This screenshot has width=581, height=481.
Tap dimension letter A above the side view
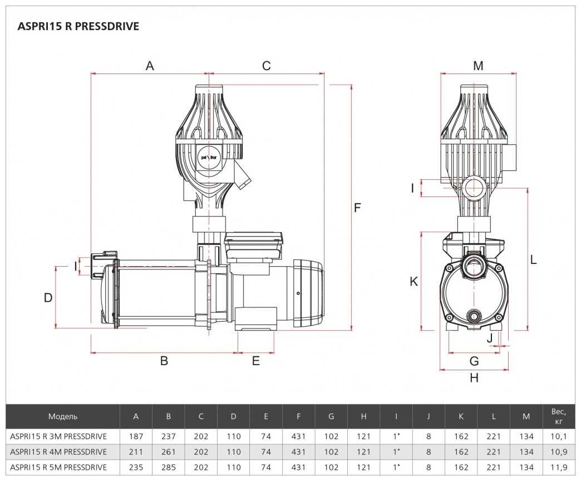pos(150,66)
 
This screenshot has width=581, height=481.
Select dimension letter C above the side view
pos(266,66)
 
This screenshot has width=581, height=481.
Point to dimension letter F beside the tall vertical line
pos(358,208)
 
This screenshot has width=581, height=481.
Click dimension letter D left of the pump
pos(48,297)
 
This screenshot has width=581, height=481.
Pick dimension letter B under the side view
pos(164,361)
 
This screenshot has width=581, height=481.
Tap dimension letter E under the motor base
pos(256,361)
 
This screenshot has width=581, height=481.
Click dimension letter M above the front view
pos(478,66)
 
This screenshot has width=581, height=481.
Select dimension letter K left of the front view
pos(413,282)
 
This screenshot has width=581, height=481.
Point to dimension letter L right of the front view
pos(533,259)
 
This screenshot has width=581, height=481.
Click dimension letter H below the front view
pos(474,377)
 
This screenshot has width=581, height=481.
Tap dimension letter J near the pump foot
pos(490,337)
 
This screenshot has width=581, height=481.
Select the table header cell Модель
pos(63,416)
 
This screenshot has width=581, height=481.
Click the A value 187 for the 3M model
pos(136,436)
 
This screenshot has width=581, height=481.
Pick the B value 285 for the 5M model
pos(169,467)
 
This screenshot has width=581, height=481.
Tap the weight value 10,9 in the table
pos(559,451)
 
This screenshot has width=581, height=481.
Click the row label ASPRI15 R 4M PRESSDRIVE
pos(58,451)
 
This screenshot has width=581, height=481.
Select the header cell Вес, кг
pos(559,416)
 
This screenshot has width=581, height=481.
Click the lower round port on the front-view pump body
pos(475,316)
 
